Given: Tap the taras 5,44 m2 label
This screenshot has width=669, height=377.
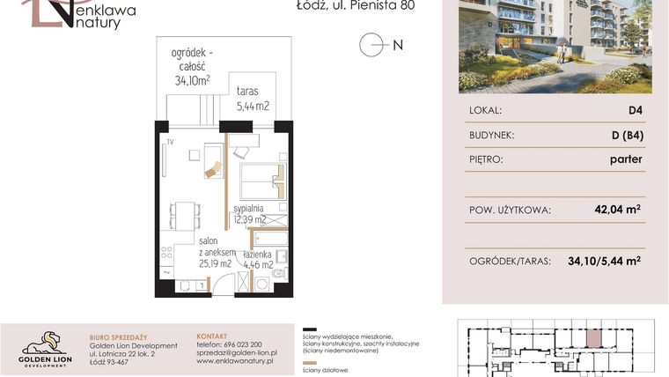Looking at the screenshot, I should click(253, 99).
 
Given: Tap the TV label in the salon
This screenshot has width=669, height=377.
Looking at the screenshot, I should click(171, 142).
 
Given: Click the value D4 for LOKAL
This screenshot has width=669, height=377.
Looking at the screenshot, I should click(634, 111).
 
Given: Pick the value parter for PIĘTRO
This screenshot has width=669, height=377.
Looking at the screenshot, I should click(625, 159).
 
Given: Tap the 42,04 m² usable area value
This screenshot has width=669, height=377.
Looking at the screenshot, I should click(616, 210).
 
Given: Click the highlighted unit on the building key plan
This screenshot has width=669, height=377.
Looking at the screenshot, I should click(595, 336).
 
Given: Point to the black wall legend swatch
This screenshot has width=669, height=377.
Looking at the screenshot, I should click(309, 326).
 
